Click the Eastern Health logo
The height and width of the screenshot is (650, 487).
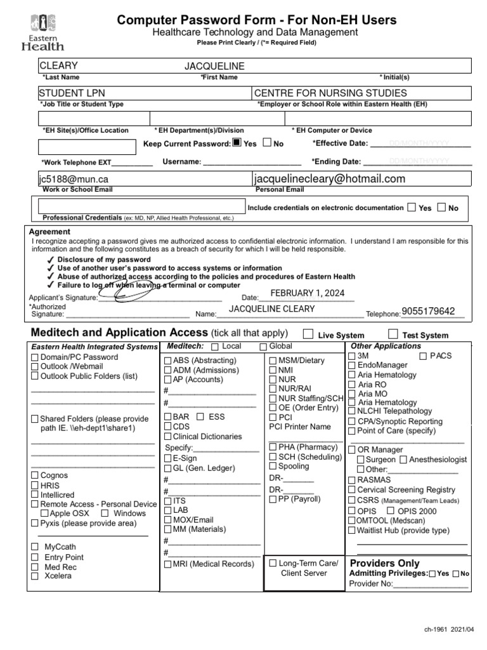pos(42,33)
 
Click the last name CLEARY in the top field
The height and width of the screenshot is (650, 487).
pos(59,65)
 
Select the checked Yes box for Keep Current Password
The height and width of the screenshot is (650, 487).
pos(237,143)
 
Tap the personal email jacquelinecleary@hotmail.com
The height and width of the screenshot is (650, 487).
pos(329,179)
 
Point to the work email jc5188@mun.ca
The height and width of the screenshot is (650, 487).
pos(74,180)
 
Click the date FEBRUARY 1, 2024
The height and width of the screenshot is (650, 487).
pos(308,293)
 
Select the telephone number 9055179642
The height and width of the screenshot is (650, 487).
pos(428,311)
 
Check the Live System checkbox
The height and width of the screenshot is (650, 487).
pos(308,334)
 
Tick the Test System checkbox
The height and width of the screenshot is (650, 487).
pos(393,334)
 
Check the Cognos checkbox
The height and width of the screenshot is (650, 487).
pos(35,475)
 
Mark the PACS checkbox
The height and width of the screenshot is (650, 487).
pos(423,356)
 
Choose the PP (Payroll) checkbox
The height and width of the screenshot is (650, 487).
pos(273,500)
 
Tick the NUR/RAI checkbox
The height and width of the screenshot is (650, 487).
pos(273,388)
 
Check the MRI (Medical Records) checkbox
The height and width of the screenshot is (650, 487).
pos(168,564)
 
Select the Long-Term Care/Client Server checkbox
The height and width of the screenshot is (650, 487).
pos(273,563)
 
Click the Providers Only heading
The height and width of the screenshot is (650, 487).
pos(384,563)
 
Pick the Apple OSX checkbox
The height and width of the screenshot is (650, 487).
pos(44,513)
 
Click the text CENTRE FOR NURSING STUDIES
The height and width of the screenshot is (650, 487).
pos(330,93)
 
